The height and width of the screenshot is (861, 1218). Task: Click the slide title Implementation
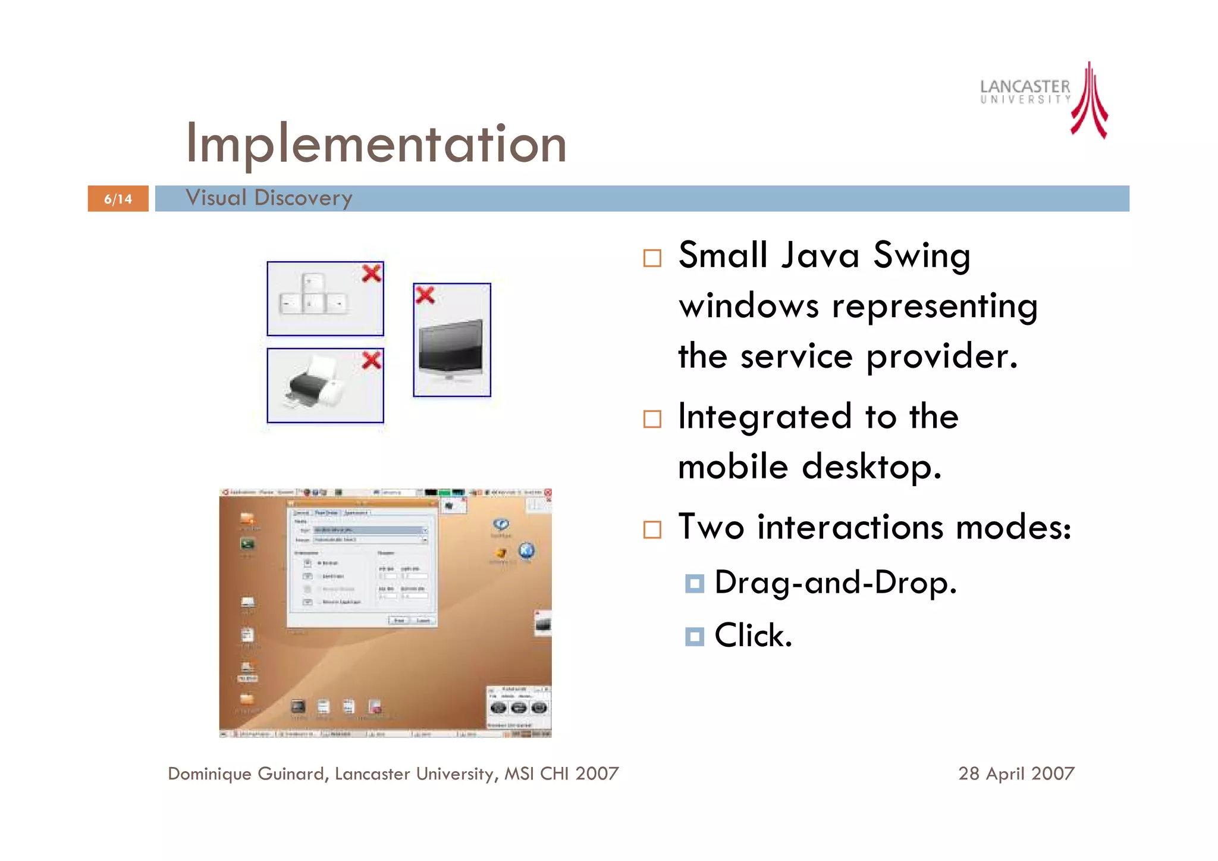point(376,144)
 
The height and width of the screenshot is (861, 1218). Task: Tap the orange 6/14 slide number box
point(118,199)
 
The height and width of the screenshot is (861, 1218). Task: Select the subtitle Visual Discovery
point(269,198)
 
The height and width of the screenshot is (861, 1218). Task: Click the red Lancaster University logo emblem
point(1090,101)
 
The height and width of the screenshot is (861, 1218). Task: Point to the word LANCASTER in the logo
point(1024,87)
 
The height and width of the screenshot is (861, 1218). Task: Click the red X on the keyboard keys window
point(372,274)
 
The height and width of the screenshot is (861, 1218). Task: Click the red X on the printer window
point(372,360)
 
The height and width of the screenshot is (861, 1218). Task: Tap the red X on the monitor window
point(425,295)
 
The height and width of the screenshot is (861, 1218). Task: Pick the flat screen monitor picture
point(451,351)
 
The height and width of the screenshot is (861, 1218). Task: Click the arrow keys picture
point(313,295)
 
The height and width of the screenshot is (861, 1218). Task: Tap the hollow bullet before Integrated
point(652,419)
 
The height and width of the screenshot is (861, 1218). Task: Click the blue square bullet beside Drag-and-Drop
point(694,583)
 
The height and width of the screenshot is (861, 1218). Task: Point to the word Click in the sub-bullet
point(753,635)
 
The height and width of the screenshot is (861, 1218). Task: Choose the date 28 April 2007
point(1016,774)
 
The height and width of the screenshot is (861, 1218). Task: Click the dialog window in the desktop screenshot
point(362,565)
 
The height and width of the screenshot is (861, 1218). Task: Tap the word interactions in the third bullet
point(850,527)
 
